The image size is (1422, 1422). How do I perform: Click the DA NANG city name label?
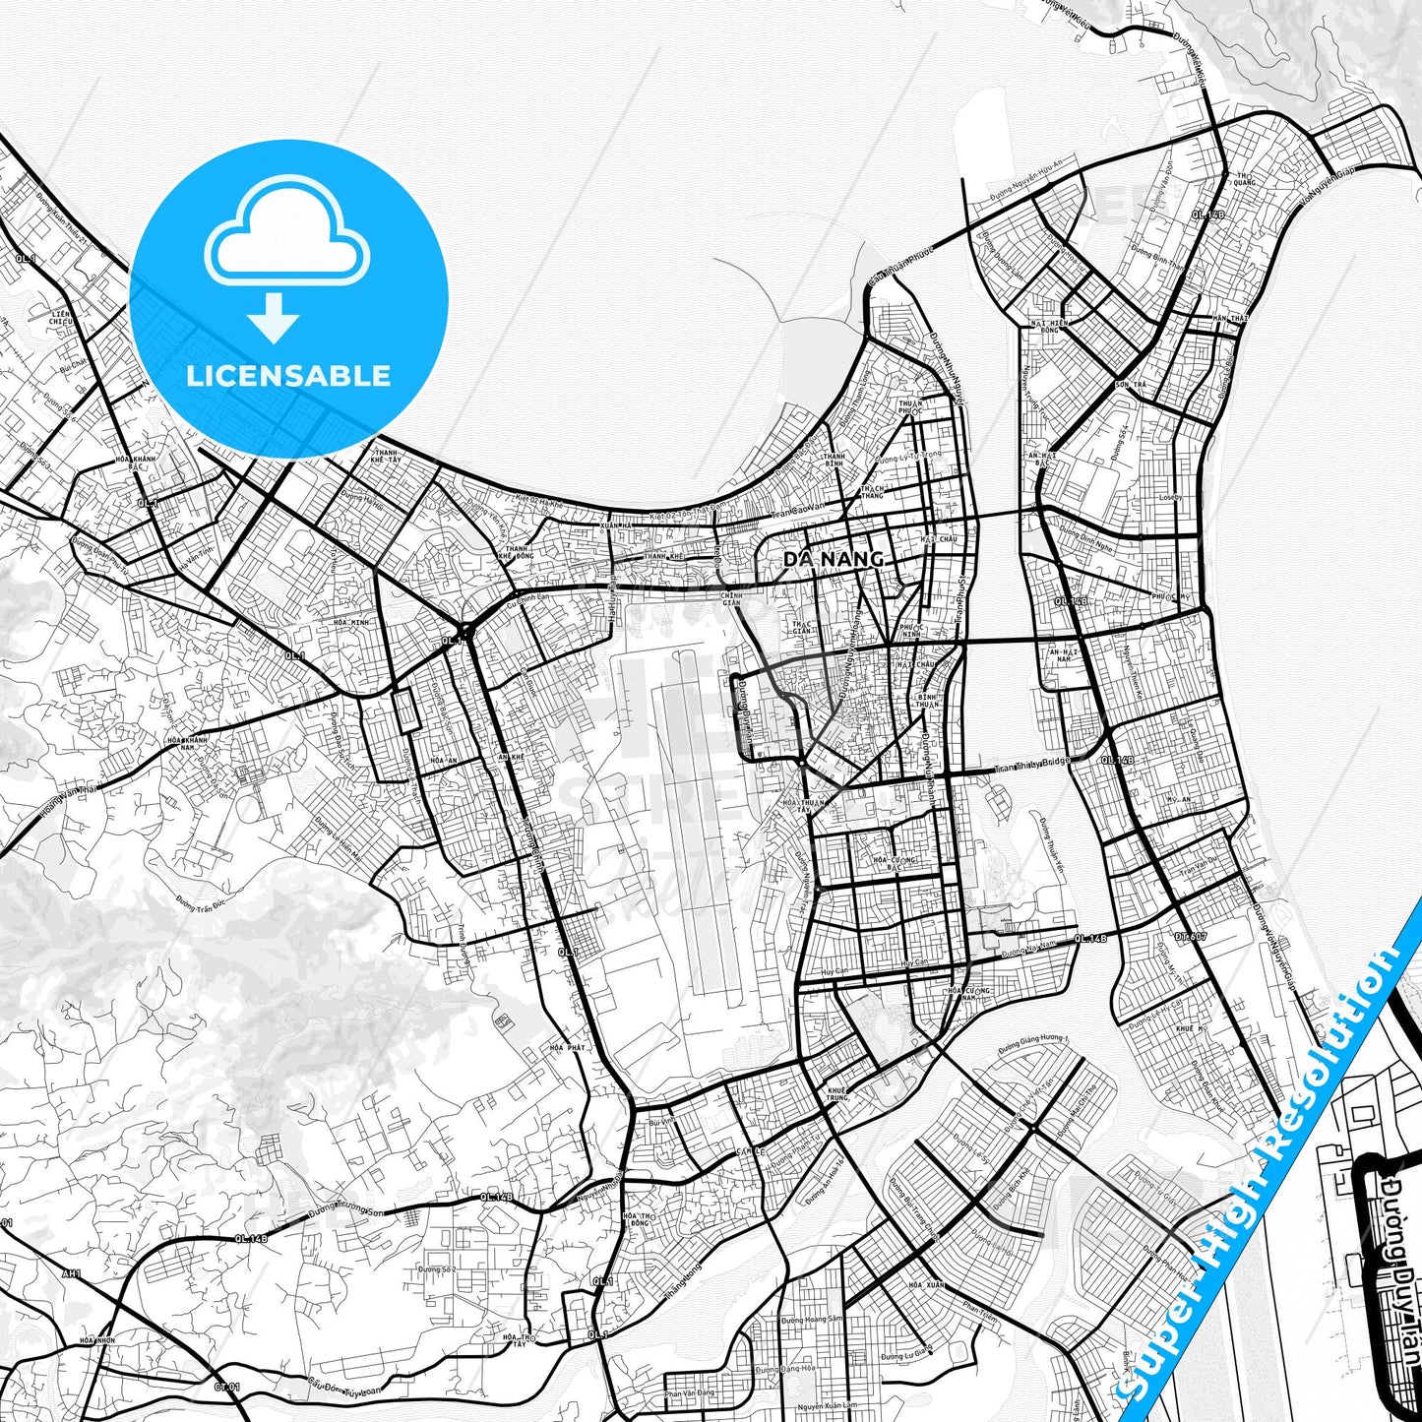coord(833,558)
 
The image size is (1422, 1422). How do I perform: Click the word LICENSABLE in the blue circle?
coord(288,375)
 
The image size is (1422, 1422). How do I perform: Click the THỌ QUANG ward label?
coord(1245,178)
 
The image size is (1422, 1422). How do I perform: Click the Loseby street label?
coord(1170,498)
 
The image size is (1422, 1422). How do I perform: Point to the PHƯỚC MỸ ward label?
coord(1170,596)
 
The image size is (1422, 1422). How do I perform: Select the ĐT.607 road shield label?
coord(1190,937)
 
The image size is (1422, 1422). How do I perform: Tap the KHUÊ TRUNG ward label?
coord(837,1094)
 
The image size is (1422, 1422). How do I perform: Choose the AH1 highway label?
coord(72,1273)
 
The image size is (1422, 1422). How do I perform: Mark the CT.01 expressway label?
coord(226,1388)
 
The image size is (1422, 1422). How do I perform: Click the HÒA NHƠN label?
coord(98,1340)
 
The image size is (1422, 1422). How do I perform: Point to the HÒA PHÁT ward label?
coord(568,1048)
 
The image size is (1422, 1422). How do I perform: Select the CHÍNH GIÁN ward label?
coord(731,598)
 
